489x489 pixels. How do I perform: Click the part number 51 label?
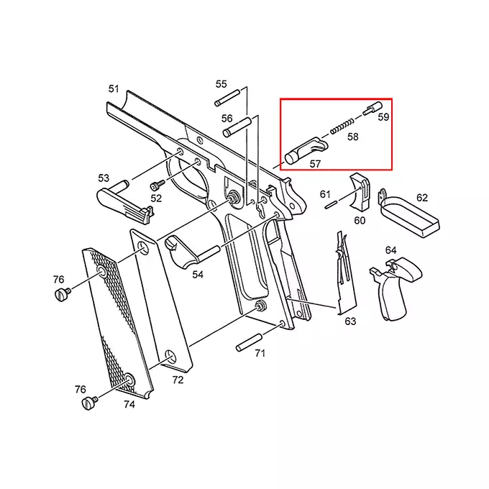(x=114, y=88)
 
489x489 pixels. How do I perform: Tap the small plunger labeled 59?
(x=371, y=110)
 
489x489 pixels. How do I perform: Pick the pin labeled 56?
(x=236, y=129)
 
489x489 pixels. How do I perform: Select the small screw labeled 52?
(x=154, y=186)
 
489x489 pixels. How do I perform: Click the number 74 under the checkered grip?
(x=129, y=405)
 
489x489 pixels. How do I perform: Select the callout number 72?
(x=177, y=379)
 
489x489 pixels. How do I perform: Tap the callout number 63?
(x=350, y=321)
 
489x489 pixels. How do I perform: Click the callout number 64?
(x=390, y=250)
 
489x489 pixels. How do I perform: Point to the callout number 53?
(x=104, y=178)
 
